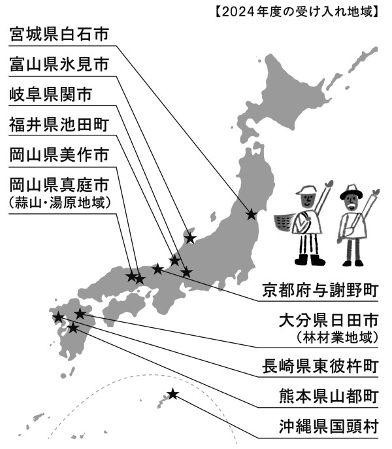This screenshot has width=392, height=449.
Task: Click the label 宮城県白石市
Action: [59, 34]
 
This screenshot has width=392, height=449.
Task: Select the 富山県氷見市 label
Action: [59, 64]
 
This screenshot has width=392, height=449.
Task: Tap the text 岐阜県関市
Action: [50, 94]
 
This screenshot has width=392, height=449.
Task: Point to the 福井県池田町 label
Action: [59, 124]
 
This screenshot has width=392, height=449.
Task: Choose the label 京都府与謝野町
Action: [320, 290]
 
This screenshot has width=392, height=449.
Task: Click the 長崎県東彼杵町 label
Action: [320, 367]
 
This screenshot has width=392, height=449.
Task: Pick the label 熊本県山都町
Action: [329, 397]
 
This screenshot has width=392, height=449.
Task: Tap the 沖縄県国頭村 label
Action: [329, 427]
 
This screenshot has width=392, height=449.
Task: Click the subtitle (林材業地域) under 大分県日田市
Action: [337, 338]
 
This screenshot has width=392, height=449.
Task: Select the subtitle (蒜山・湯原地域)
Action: [59, 203]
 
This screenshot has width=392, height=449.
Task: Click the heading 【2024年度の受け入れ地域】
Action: [297, 12]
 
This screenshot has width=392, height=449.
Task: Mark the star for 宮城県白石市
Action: [252, 214]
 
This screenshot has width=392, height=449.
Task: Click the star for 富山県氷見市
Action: [190, 238]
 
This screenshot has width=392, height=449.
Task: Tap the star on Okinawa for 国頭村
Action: [172, 394]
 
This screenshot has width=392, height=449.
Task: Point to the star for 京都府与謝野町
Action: [157, 269]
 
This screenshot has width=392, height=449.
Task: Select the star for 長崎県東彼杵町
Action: [58, 317]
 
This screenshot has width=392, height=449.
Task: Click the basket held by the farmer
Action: [284, 223]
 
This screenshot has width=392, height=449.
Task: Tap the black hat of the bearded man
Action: [351, 192]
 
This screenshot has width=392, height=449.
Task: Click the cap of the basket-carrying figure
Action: [306, 190]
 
